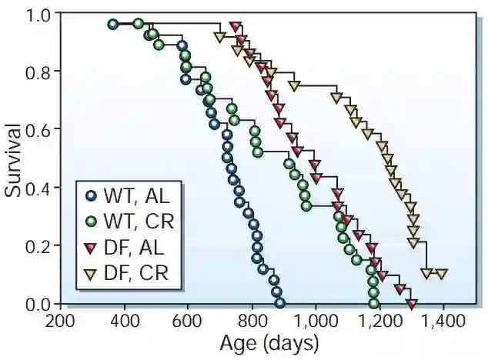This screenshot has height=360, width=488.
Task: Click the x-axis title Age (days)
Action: (x=269, y=341)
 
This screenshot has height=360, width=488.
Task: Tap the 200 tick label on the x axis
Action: (x=59, y=321)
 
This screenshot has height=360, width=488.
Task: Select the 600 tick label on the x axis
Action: (x=188, y=321)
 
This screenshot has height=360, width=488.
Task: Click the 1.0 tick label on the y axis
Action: (x=38, y=15)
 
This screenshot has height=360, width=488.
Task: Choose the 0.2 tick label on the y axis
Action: (x=38, y=245)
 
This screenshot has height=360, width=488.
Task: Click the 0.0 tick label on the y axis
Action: (x=38, y=303)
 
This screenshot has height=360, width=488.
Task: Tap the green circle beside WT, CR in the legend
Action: (x=92, y=222)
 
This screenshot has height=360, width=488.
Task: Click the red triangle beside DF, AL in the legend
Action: (x=92, y=247)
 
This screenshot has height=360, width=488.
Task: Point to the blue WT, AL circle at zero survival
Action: (x=279, y=303)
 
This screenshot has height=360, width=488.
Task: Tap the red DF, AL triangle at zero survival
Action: (x=412, y=304)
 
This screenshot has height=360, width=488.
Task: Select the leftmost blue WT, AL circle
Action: (x=113, y=25)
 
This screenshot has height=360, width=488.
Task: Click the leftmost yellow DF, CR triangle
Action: (x=219, y=37)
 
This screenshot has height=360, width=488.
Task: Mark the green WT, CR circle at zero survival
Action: (x=374, y=303)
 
